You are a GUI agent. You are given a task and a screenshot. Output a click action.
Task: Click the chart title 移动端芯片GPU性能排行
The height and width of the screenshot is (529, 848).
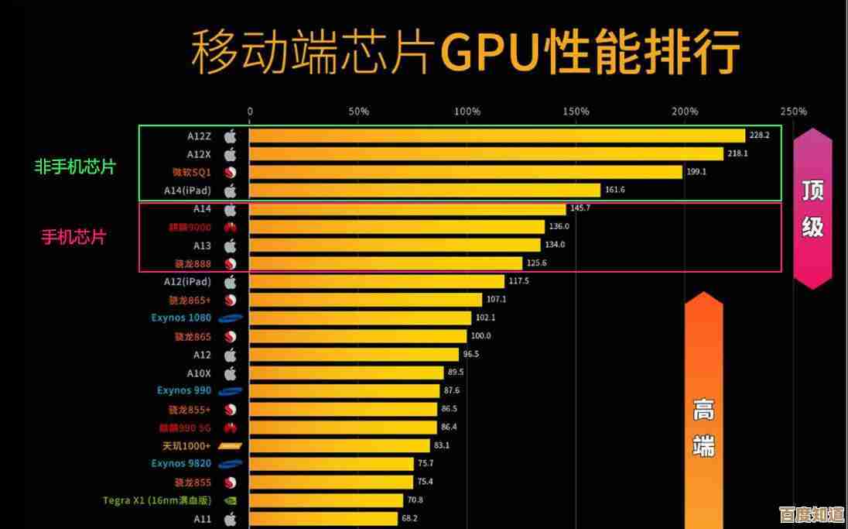point(464,52)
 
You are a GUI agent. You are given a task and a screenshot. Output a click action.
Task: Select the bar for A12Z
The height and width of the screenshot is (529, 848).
point(496,136)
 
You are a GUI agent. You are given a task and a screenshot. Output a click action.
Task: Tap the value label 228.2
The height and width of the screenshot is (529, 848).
point(759,136)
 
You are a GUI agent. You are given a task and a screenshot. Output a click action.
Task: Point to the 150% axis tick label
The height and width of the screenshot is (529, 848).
point(576,112)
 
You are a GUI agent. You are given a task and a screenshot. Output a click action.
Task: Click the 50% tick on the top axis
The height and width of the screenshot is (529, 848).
point(358,112)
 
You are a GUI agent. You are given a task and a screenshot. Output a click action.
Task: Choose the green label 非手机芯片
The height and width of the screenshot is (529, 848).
point(74,167)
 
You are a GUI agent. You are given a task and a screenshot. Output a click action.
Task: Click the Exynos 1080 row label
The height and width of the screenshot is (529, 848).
point(181,318)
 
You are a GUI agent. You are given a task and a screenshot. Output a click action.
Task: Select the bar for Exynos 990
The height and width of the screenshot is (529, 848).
point(344,391)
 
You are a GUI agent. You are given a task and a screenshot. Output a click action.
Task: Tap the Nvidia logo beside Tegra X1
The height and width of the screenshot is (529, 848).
point(230,500)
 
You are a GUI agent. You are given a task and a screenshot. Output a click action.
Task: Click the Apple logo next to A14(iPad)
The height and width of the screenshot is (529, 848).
point(230,191)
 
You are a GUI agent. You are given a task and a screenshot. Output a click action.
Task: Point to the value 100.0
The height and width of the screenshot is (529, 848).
point(480,336)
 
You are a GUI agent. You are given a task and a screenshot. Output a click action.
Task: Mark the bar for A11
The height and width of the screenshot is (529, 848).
point(323,519)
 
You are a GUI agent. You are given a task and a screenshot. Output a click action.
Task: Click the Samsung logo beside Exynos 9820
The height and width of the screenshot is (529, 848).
point(231,464)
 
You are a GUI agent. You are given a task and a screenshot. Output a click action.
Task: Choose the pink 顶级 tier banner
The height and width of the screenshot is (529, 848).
point(812,208)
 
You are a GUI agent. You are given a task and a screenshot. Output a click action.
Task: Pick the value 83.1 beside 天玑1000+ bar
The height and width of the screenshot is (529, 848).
point(442,445)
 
